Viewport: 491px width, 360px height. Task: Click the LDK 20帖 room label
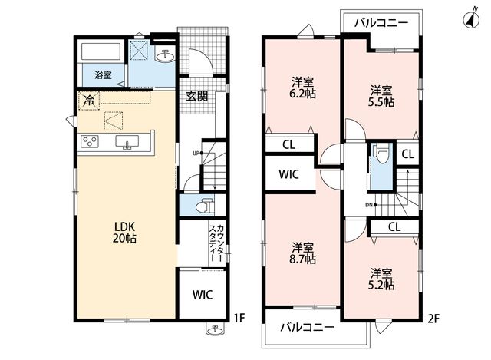pos(124,232)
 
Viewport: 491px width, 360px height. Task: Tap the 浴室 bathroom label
pos(103,75)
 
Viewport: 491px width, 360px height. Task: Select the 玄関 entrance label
pos(197,96)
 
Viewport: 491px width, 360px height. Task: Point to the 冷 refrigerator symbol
pos(89,101)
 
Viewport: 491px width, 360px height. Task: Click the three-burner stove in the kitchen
pos(90,141)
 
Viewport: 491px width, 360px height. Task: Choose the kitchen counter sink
pos(127,142)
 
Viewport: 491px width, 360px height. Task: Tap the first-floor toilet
pos(205,206)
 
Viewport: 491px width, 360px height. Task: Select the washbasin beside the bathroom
pos(166,56)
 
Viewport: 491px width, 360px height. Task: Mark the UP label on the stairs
pos(196,154)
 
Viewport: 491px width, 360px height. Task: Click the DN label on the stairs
pos(368,205)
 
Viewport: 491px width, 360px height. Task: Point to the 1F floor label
pos(239,319)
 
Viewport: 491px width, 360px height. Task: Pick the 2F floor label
pos(434,319)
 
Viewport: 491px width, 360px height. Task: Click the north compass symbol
pos(471,20)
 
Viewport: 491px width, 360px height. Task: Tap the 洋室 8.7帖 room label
pos(304,253)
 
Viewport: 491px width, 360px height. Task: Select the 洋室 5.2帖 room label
pos(382,279)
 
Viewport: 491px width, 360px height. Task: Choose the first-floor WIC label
pos(203,295)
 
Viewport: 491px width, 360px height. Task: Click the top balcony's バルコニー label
pos(381,23)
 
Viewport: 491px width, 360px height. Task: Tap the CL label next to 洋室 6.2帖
pos(288,145)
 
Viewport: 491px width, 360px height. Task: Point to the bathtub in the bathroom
pos(101,51)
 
